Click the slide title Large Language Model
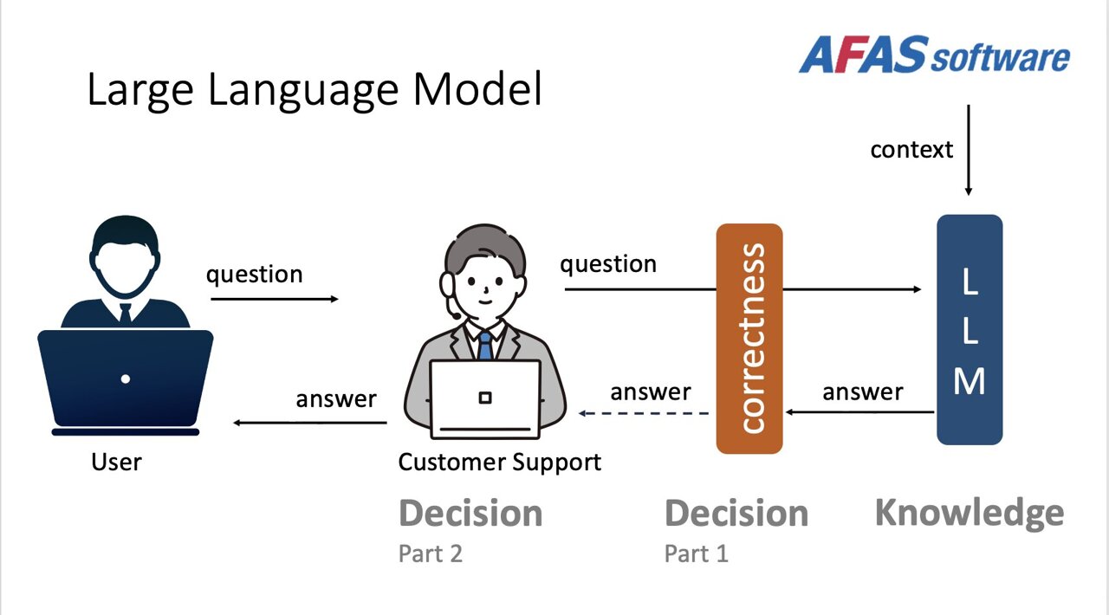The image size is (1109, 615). click(x=314, y=90)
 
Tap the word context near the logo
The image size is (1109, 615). click(x=911, y=149)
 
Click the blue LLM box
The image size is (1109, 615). click(x=970, y=330)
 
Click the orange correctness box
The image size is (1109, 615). click(x=749, y=339)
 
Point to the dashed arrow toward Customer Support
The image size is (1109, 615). click(x=645, y=413)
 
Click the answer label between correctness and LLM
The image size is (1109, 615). click(x=862, y=392)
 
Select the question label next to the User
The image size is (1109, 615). click(x=254, y=274)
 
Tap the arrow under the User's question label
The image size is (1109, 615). click(x=274, y=299)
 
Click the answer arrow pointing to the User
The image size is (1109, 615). click(x=310, y=423)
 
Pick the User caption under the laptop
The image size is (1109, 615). click(x=116, y=462)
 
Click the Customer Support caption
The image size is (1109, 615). click(x=499, y=462)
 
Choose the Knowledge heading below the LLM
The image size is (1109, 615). click(x=969, y=512)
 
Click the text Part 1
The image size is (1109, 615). click(x=696, y=553)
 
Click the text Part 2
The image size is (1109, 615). click(x=430, y=553)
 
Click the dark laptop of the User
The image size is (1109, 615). click(x=126, y=379)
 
